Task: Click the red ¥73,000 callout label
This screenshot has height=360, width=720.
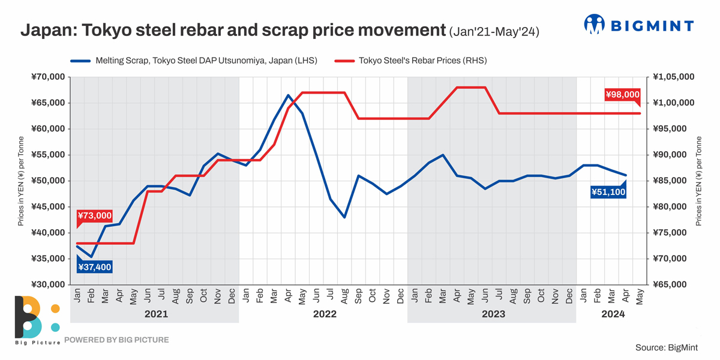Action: click(94, 216)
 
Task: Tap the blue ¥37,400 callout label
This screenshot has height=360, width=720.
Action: click(94, 267)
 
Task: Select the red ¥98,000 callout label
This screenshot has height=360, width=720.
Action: click(622, 95)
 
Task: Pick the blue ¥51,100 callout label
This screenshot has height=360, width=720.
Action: click(608, 192)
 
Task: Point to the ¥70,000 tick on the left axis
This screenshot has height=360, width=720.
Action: click(47, 77)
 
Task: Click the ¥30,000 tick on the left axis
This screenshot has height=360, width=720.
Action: click(47, 284)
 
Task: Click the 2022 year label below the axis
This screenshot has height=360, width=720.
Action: click(324, 314)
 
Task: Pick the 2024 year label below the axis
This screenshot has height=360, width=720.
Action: click(613, 314)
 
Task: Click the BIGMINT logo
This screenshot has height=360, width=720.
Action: click(638, 25)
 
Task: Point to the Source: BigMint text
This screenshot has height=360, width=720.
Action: click(667, 347)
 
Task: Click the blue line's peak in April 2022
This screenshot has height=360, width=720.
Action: click(289, 95)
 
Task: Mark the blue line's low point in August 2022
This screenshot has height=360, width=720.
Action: click(344, 217)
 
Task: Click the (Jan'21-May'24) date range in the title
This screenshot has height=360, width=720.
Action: click(494, 32)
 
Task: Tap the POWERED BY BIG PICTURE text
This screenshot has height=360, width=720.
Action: click(116, 340)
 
